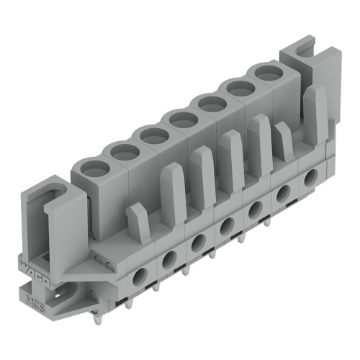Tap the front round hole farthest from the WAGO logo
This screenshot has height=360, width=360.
click(x=312, y=176)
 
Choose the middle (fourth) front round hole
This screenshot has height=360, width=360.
click(x=226, y=225)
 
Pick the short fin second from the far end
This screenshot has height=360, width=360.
click(x=283, y=140)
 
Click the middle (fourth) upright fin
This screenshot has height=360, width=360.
click(x=232, y=151)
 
